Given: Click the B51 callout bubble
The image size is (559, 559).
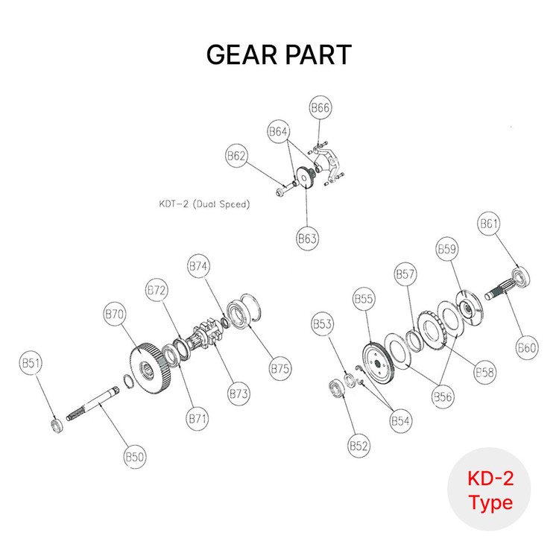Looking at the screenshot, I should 31,364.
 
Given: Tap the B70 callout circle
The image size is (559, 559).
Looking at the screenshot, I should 114,315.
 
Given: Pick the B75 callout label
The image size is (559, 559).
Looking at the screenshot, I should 280,368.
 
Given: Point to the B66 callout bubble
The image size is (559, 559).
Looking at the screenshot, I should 320,109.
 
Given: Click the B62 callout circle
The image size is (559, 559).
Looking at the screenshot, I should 236,157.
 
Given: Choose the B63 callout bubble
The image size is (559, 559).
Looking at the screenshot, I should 308,239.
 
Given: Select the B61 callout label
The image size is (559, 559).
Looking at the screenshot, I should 490,224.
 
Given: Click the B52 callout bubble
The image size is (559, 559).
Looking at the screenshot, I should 359,446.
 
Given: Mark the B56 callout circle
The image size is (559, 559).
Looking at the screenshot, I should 444,397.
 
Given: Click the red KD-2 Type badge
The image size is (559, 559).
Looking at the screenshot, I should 490,489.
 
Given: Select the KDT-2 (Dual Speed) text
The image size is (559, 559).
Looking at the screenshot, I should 203,203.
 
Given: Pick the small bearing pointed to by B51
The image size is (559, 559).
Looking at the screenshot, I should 54,425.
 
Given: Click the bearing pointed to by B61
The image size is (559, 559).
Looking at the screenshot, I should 519,277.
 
